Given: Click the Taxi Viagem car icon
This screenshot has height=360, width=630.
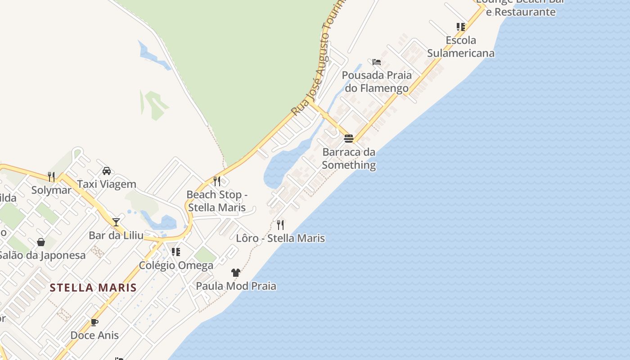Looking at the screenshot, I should pos(107,171).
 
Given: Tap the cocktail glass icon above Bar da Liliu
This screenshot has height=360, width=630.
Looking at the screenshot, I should pos(116,222).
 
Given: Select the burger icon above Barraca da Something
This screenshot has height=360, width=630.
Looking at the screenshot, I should pos(349,138).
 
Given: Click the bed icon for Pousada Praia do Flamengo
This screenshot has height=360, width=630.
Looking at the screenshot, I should pos(377,62).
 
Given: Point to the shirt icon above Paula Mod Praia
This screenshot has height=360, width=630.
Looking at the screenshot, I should pos(236,272).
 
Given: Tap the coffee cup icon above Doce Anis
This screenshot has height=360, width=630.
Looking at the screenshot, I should pos(94,322).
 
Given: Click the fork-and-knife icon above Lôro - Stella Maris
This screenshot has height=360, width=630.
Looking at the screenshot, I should pos(280,225).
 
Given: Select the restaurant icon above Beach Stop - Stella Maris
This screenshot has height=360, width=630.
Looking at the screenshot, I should pos(217,181).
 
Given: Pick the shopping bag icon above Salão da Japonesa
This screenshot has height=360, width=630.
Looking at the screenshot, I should pos(41,242).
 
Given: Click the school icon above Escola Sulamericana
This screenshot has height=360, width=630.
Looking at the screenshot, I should pos(460,27).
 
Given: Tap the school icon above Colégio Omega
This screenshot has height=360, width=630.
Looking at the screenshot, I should pos(176,252).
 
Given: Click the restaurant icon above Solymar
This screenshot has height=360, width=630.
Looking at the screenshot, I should pos(51,177).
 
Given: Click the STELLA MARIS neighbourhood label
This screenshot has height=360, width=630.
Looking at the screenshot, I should pos(93,288).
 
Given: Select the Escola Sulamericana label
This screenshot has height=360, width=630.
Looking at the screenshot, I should pos(460,47).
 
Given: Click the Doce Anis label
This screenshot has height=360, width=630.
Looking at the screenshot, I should pos(94,335).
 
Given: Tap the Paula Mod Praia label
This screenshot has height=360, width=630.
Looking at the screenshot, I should pos(236,286).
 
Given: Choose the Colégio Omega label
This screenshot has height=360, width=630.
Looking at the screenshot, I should pos(176,265).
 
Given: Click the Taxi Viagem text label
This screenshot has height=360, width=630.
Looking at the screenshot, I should pos(107,184).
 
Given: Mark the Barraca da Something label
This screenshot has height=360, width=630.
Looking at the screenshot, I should pos(349,158).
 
